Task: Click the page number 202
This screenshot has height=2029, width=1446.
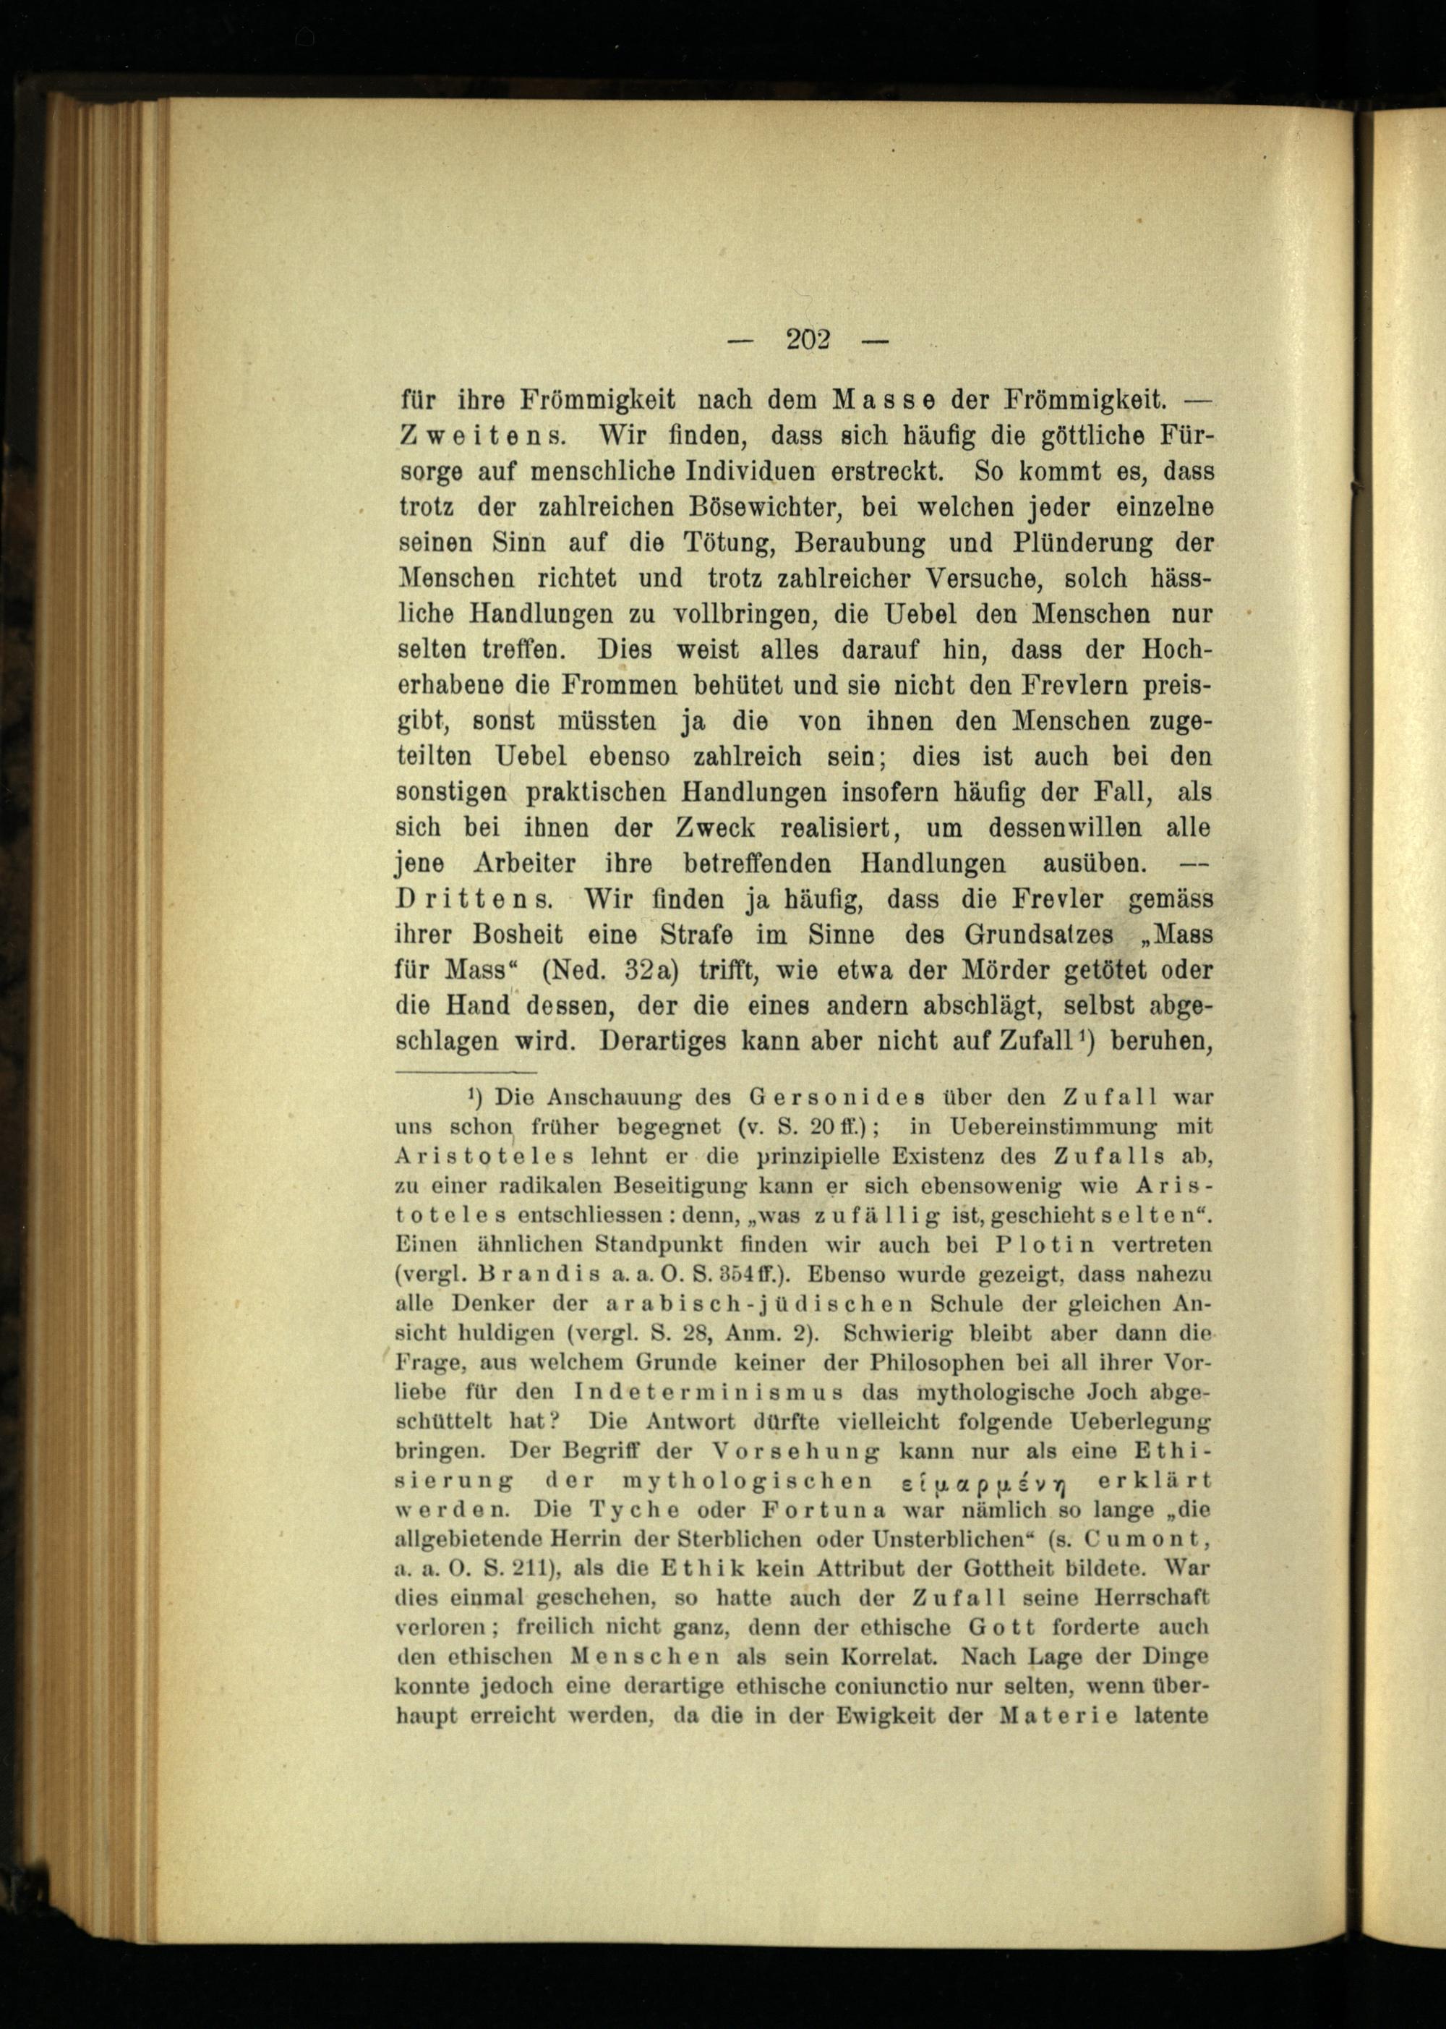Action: (x=808, y=339)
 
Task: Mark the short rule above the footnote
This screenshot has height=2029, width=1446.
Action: (x=464, y=1073)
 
